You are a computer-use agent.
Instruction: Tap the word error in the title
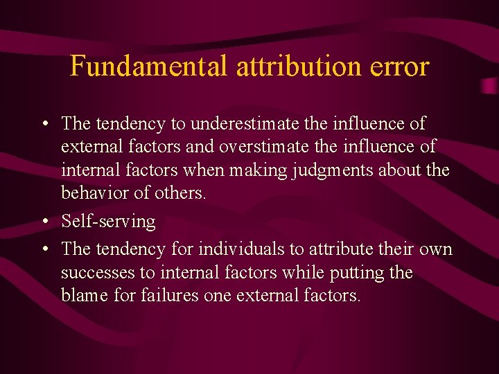[403, 66]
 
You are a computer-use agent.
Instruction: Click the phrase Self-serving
[108, 222]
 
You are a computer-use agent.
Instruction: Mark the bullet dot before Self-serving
[44, 222]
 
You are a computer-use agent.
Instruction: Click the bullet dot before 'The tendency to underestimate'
[44, 125]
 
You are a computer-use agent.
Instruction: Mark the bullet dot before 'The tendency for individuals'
[44, 250]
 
